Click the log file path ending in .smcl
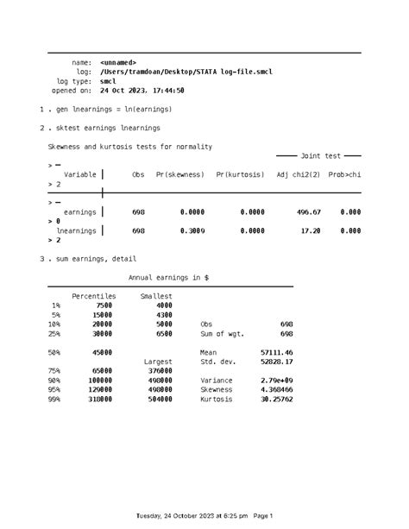click(x=186, y=72)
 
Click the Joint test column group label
click(x=320, y=156)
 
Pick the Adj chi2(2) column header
click(x=299, y=174)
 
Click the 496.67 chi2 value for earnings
click(x=308, y=211)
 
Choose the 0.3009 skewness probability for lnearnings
click(x=192, y=230)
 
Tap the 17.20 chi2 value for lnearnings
click(x=311, y=230)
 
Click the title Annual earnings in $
click(x=168, y=277)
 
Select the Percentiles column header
click(x=93, y=296)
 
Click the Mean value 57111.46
click(x=276, y=352)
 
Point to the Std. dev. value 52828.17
click(x=276, y=362)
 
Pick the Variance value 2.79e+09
click(x=276, y=380)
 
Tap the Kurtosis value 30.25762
click(x=276, y=399)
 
